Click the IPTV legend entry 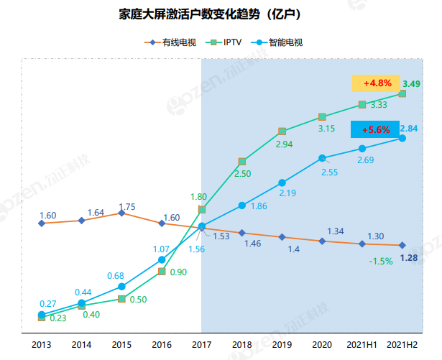(x=229, y=42)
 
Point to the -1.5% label (x=380, y=261)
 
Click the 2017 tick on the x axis (x=201, y=345)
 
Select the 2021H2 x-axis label (x=403, y=345)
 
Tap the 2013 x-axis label (x=41, y=345)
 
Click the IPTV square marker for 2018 (x=242, y=161)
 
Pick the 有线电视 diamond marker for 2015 (x=121, y=213)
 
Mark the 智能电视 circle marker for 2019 (x=282, y=182)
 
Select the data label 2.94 (x=284, y=144)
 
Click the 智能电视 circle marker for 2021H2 (x=402, y=138)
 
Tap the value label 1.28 (x=409, y=258)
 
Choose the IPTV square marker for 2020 (x=322, y=116)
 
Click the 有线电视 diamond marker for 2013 (x=41, y=223)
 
